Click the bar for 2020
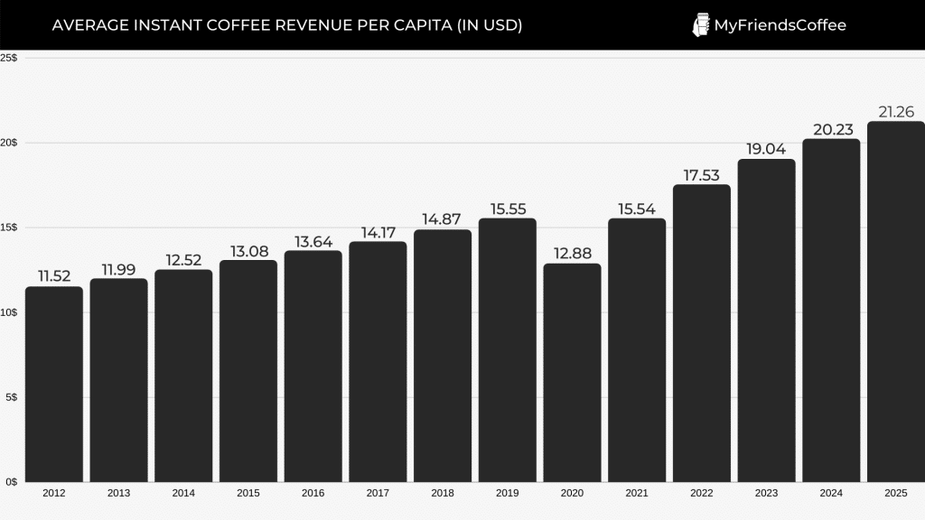[572, 372]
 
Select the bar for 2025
[895, 302]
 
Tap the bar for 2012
[53, 384]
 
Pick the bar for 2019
[507, 349]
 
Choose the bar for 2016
[313, 366]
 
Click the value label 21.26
[895, 112]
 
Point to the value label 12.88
[572, 254]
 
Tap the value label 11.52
[53, 276]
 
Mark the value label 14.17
[378, 232]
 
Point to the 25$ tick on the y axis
[9, 58]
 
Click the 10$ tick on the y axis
[9, 312]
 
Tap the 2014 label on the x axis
[183, 494]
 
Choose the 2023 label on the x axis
[766, 494]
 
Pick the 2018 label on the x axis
[443, 494]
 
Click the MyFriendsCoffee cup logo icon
[701, 25]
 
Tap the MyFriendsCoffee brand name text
[780, 25]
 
